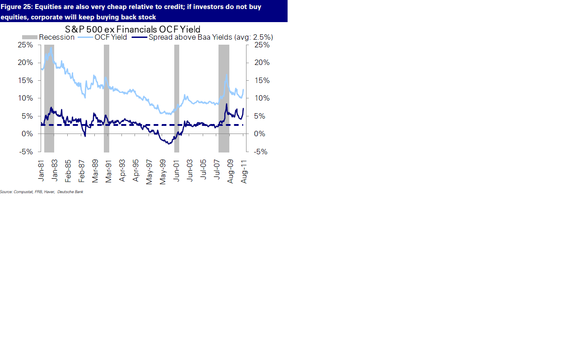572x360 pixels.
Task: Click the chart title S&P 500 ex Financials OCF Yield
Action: [132, 30]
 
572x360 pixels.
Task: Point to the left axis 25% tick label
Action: [25, 45]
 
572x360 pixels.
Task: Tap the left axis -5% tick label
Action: [26, 152]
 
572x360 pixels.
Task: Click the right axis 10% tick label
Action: [262, 98]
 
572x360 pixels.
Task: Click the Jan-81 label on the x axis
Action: [41, 171]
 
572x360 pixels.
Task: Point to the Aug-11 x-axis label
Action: [244, 171]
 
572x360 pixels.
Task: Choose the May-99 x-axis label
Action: [163, 172]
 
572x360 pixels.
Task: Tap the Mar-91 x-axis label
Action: [109, 171]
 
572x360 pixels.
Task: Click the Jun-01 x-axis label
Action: [177, 171]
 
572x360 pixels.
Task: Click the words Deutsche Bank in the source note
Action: [70, 192]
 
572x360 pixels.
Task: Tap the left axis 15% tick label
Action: [25, 81]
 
